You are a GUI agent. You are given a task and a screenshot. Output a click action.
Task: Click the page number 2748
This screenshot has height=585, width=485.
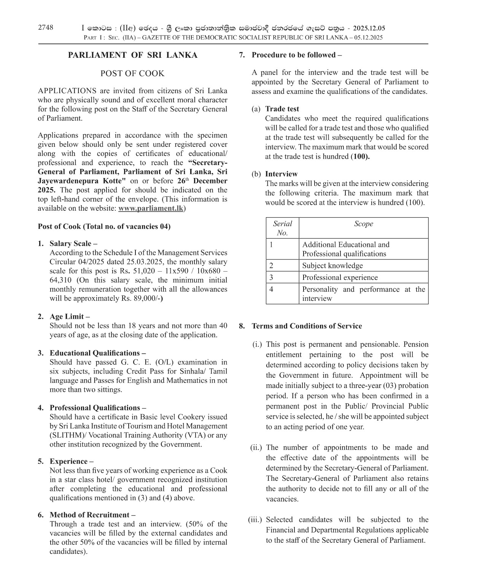pos(46,27)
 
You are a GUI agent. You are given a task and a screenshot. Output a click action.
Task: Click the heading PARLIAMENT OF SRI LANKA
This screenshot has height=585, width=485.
pos(132,55)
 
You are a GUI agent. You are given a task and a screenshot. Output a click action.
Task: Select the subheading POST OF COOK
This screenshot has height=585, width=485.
pos(132,73)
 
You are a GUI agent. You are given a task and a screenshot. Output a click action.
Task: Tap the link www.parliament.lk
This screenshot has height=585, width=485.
pos(151,208)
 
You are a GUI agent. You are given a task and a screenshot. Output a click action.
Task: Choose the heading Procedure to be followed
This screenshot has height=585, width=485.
pos(296,55)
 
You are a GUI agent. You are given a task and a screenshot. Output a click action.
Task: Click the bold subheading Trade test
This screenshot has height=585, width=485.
pos(282,109)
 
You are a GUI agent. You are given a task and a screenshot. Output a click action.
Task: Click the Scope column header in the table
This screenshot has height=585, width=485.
pos(363,224)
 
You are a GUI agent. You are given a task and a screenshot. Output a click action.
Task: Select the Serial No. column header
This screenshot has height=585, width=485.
pos(282,228)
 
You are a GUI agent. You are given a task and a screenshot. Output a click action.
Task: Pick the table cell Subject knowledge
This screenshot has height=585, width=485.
pos(332,265)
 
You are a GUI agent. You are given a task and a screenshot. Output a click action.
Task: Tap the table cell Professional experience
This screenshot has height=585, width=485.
pos(340,277)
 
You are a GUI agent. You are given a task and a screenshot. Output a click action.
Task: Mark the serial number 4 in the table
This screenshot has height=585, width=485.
pos(271,289)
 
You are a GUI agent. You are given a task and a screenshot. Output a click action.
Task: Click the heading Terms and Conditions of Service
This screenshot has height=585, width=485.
pos(307,326)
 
